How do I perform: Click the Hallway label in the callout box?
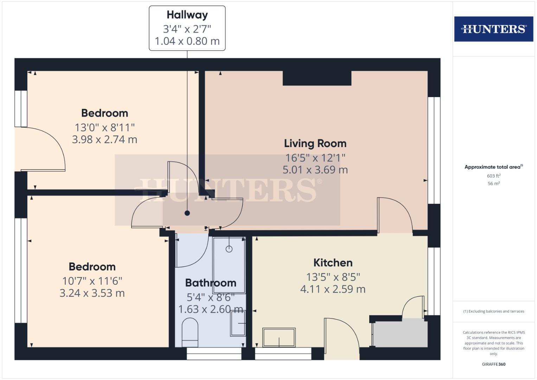click(x=187, y=15)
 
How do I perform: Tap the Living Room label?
click(x=315, y=143)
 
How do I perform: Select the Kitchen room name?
click(x=333, y=262)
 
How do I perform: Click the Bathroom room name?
click(x=210, y=283)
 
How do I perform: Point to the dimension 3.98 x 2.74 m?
click(x=104, y=139)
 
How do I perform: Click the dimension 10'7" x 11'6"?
click(x=92, y=281)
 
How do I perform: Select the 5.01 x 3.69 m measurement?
click(x=315, y=170)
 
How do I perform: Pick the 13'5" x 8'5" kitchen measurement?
click(x=333, y=277)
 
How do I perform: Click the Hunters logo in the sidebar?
click(x=493, y=29)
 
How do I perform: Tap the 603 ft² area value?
click(x=493, y=176)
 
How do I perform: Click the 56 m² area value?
click(x=493, y=183)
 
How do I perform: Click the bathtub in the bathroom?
click(x=229, y=265)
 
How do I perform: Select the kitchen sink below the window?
click(x=279, y=337)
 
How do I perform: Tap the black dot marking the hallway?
click(x=187, y=213)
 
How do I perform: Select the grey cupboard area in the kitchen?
click(x=400, y=332)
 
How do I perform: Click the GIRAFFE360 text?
click(x=493, y=364)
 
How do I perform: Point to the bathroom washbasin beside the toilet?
click(x=238, y=323)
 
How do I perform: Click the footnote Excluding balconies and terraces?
click(x=493, y=311)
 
